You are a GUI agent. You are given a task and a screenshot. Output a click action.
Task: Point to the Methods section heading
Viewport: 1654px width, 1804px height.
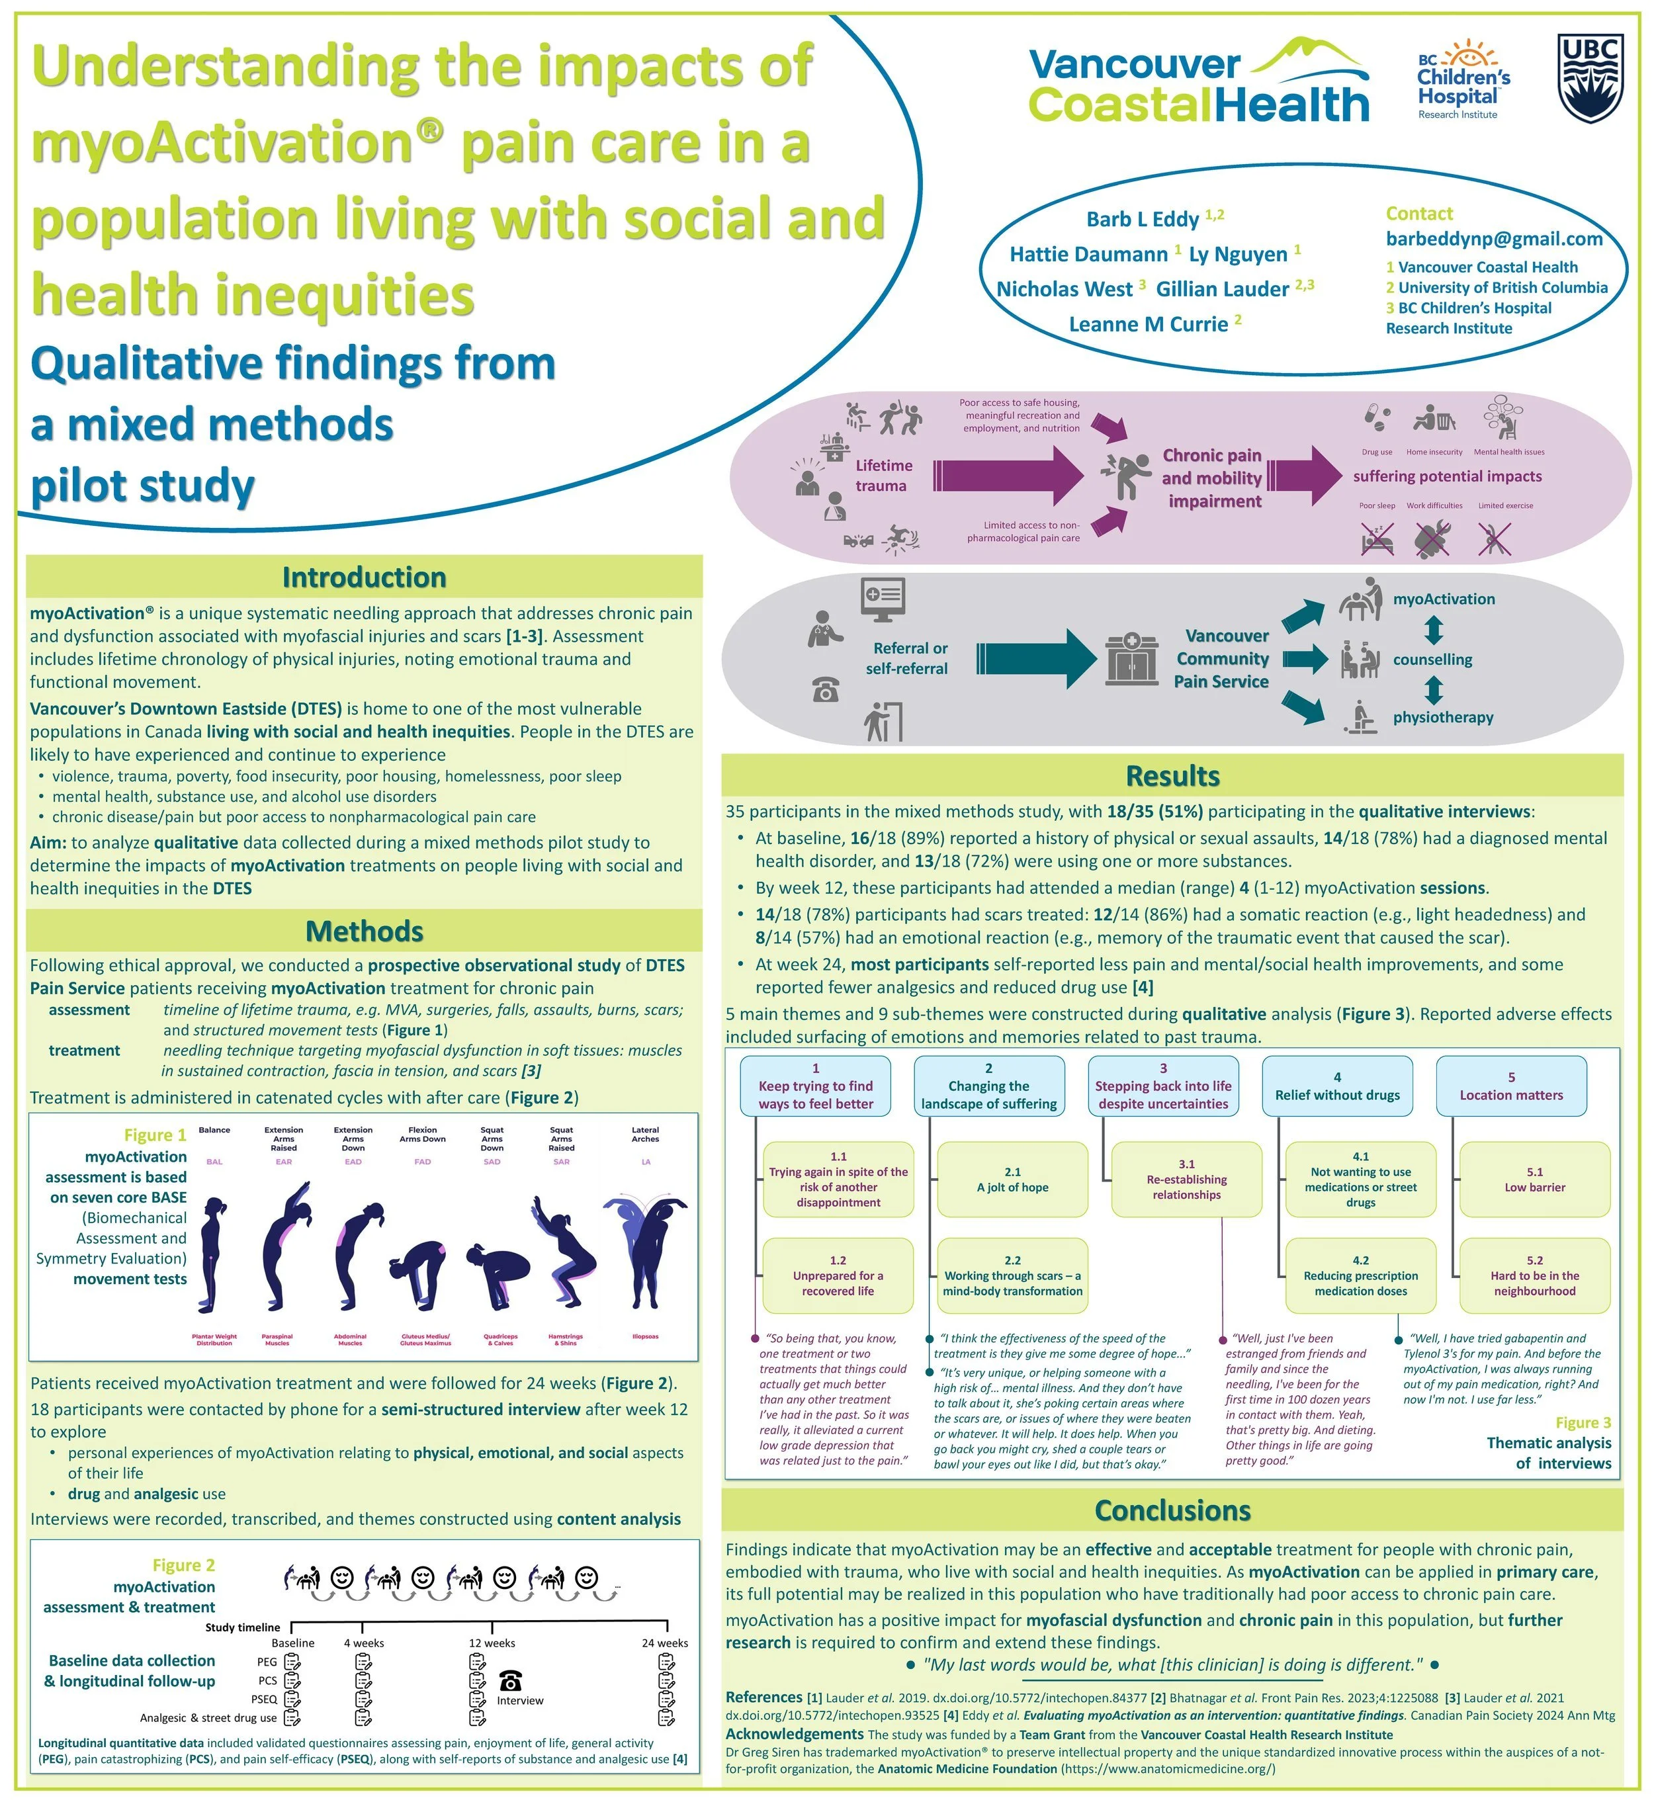[x=365, y=931]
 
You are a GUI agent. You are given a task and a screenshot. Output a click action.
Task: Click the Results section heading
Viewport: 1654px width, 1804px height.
[x=1172, y=776]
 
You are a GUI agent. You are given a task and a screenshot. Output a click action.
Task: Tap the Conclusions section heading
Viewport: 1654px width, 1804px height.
[x=1172, y=1510]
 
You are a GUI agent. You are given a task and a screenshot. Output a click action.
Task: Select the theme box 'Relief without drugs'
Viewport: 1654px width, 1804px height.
[x=1337, y=1086]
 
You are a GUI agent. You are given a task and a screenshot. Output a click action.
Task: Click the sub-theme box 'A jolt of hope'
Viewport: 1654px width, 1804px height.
[x=1012, y=1180]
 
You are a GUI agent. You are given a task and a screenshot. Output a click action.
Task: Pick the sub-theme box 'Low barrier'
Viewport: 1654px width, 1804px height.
[x=1535, y=1180]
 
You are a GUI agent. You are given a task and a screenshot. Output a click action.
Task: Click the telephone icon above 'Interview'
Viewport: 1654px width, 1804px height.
[x=510, y=1680]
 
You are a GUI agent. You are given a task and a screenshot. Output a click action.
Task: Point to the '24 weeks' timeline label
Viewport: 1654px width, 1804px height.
[x=665, y=1643]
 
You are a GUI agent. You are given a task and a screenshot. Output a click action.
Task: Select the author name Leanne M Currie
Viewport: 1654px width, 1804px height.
[x=1149, y=324]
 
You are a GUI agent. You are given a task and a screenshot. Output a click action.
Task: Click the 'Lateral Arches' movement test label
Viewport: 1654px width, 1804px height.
[x=645, y=1134]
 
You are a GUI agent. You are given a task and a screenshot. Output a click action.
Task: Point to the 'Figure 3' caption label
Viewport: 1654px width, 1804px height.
[x=1583, y=1423]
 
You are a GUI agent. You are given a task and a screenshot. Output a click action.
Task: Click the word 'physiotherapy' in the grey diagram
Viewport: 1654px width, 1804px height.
[x=1443, y=716]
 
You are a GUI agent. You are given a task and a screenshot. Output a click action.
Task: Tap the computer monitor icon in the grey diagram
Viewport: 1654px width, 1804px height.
[x=883, y=598]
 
